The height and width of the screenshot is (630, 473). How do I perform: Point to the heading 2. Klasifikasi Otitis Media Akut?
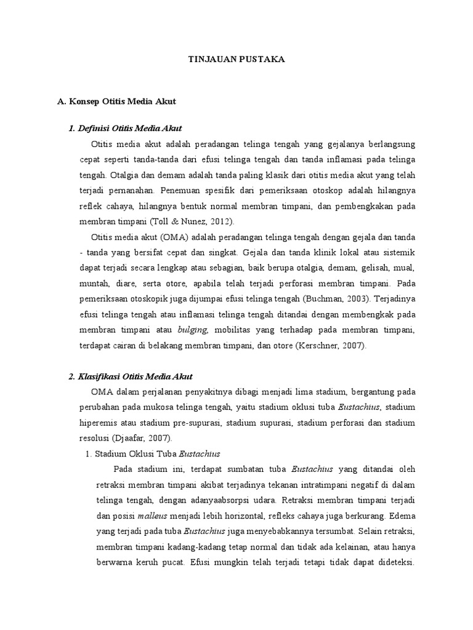pyautogui.click(x=131, y=377)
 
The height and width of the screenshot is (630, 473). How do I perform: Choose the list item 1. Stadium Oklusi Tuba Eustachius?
pyautogui.click(x=151, y=454)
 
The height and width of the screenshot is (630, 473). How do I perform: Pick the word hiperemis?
pyautogui.click(x=102, y=423)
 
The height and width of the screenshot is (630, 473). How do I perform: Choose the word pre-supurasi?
pyautogui.click(x=201, y=423)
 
